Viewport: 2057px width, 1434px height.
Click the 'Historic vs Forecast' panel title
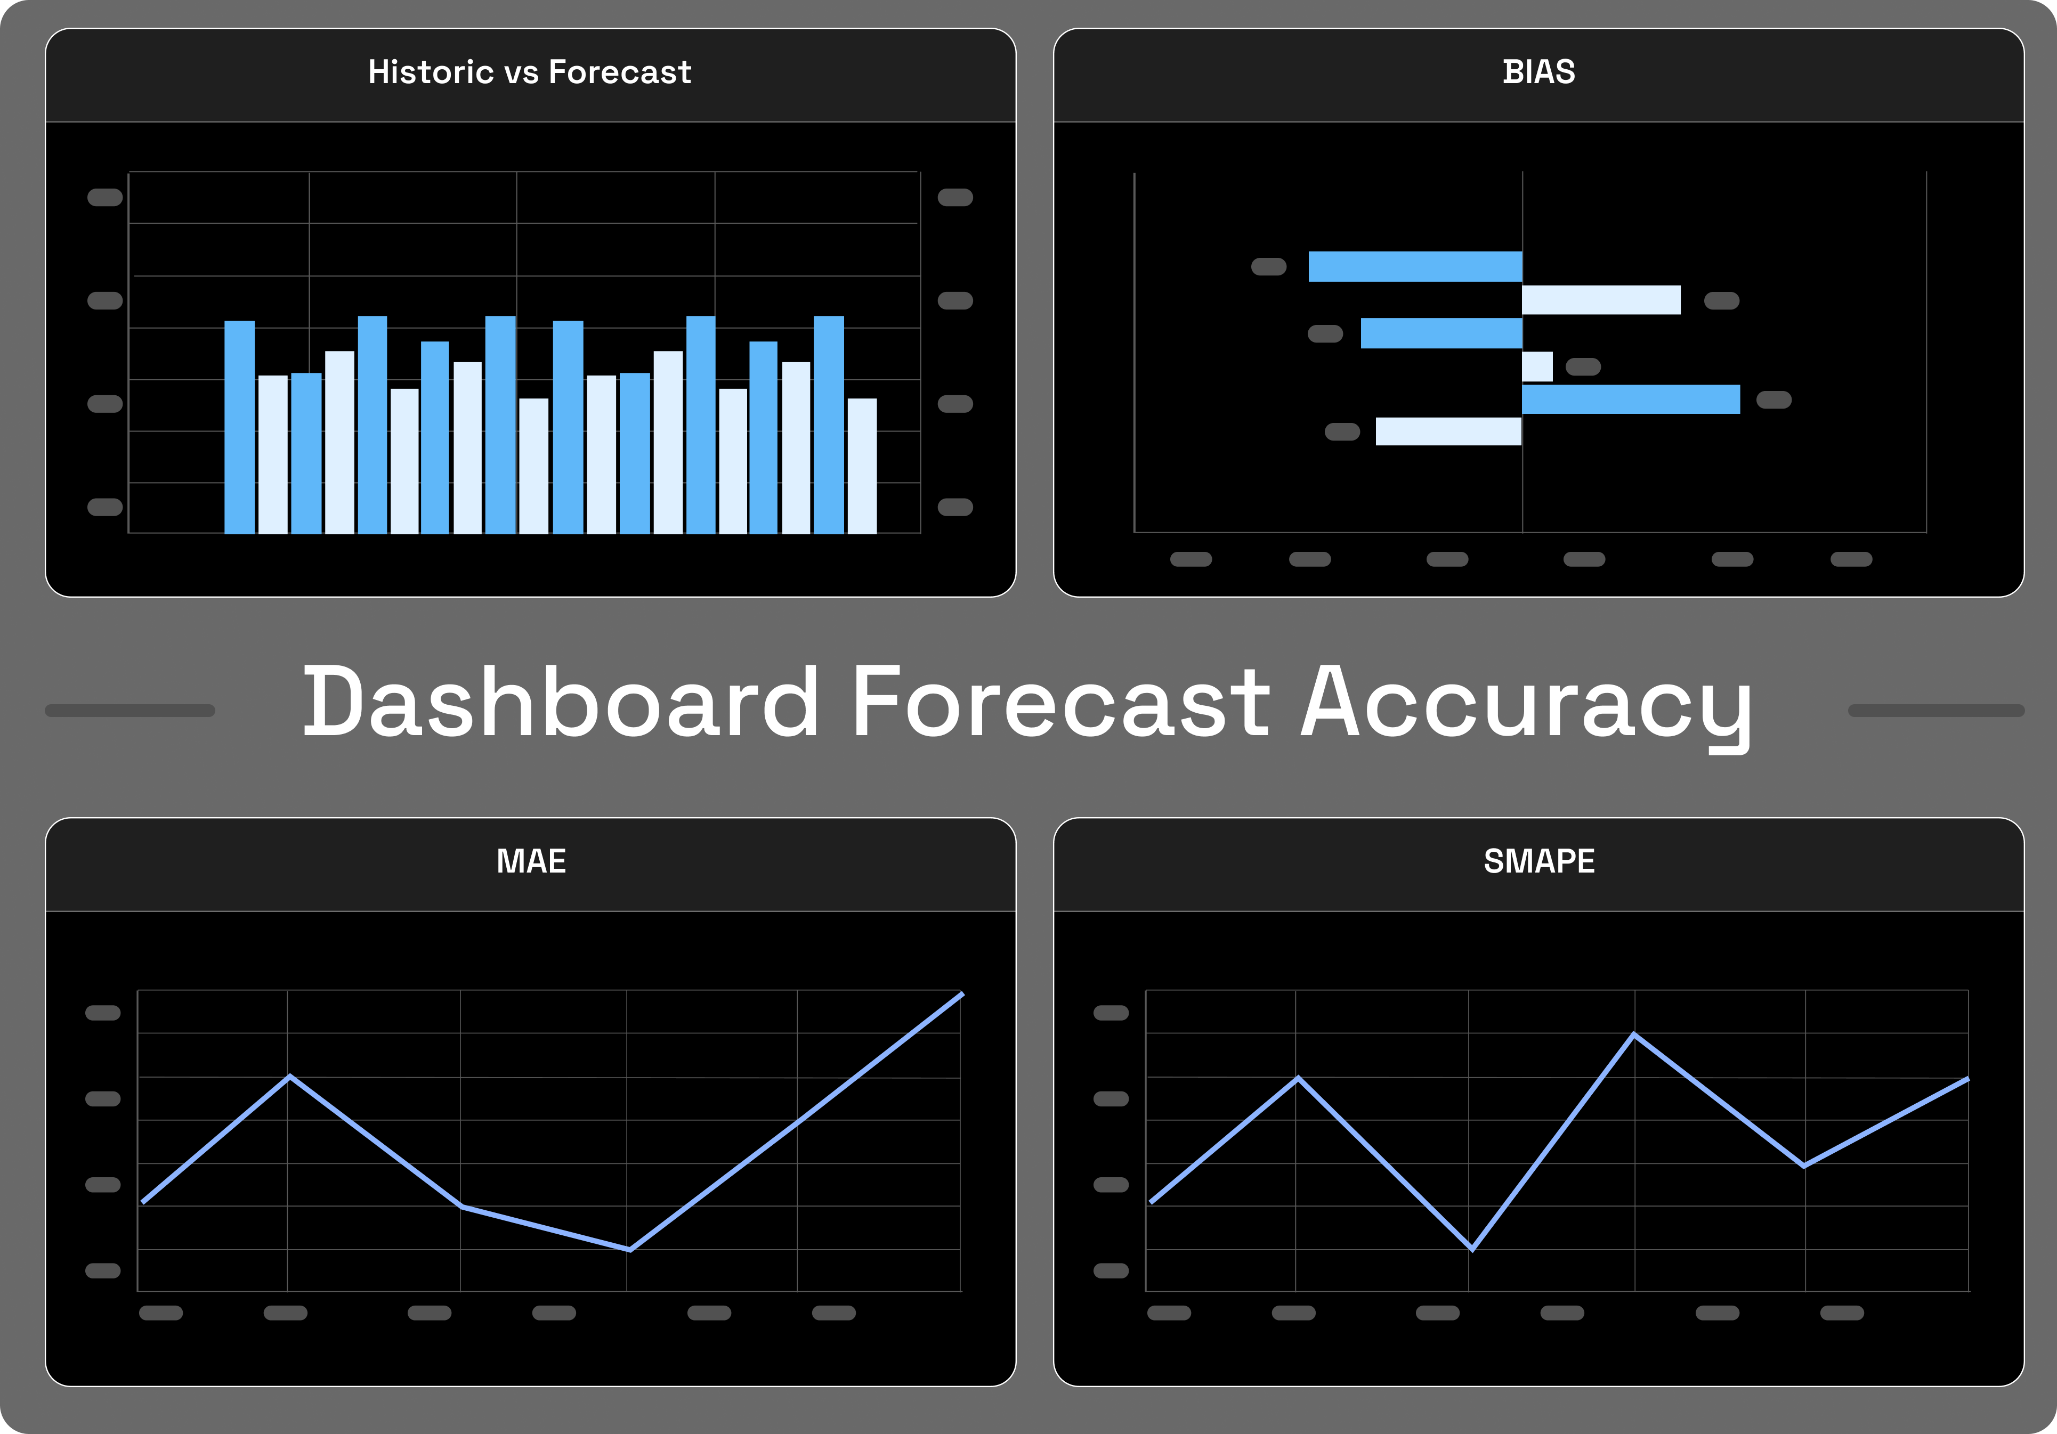pyautogui.click(x=530, y=72)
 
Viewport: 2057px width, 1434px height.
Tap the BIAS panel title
pyautogui.click(x=1538, y=72)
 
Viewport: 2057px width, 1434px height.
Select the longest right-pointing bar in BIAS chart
pyautogui.click(x=1631, y=400)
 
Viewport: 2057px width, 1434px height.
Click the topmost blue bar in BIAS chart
pyautogui.click(x=1415, y=267)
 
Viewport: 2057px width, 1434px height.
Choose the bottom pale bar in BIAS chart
pyautogui.click(x=1448, y=431)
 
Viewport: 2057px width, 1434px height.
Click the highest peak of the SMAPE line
pyautogui.click(x=1634, y=1036)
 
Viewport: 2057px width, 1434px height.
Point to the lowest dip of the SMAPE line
pyautogui.click(x=1472, y=1248)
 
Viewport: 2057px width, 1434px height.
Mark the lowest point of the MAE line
pyautogui.click(x=630, y=1249)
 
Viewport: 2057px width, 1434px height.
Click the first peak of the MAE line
pyautogui.click(x=289, y=1077)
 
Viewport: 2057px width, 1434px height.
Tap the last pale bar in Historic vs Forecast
pyautogui.click(x=862, y=466)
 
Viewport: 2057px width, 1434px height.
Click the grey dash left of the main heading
pyautogui.click(x=130, y=710)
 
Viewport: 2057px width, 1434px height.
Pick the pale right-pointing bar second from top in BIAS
pyautogui.click(x=1601, y=300)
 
